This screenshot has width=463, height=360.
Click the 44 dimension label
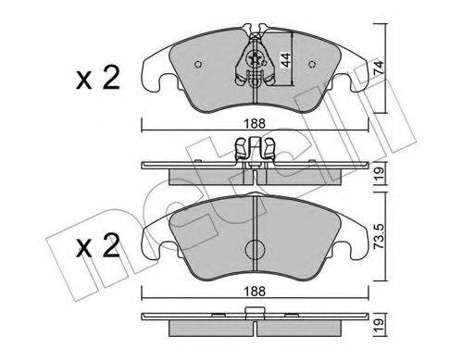285,60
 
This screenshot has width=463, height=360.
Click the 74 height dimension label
379,68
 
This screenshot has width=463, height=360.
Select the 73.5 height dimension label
379,236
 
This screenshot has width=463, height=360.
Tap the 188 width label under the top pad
255,124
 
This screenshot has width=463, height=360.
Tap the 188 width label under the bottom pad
255,292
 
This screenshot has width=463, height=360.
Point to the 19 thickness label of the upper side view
379,173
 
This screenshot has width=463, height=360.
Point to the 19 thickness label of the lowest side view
379,325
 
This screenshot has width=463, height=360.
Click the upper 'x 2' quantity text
97,78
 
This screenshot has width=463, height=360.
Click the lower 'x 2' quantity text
97,245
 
